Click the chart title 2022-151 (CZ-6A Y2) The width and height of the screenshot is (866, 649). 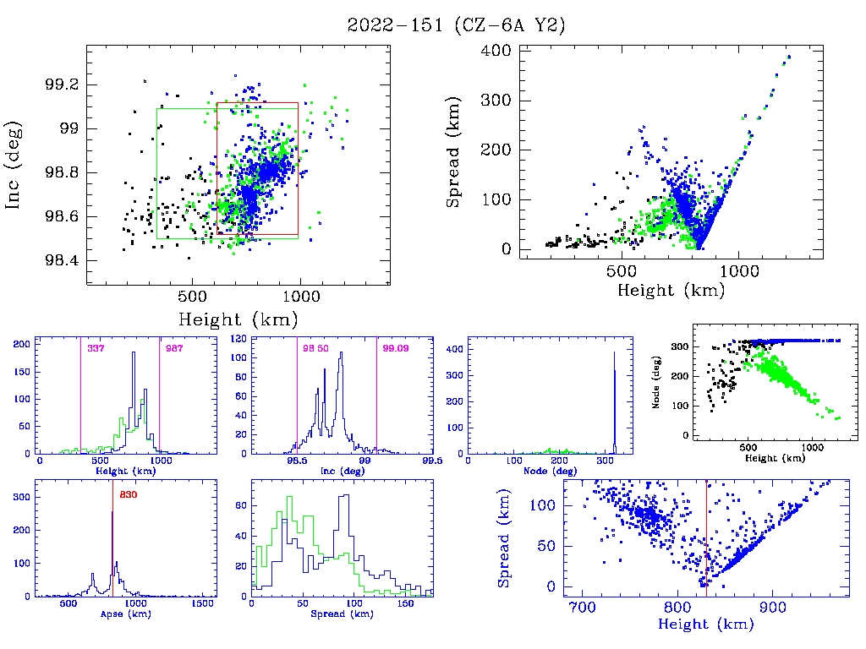[456, 25]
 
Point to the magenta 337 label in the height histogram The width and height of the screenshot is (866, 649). [96, 348]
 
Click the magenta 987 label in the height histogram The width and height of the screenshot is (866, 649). [174, 348]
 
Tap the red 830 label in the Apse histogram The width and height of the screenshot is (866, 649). [129, 494]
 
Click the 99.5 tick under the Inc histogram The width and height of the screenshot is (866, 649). [431, 461]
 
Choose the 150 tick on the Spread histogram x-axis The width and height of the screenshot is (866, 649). [405, 605]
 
